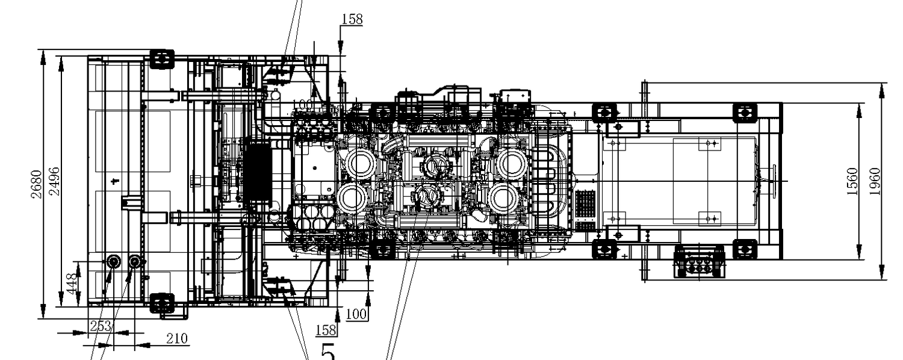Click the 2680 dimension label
pyautogui.click(x=37, y=184)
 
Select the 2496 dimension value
pyautogui.click(x=54, y=181)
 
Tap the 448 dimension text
pyautogui.click(x=72, y=284)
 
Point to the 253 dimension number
pyautogui.click(x=100, y=326)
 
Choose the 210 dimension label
pyautogui.click(x=176, y=339)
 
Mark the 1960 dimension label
pyautogui.click(x=876, y=181)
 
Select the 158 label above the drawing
pyautogui.click(x=352, y=19)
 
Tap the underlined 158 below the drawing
pyautogui.click(x=326, y=329)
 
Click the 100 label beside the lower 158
pyautogui.click(x=356, y=314)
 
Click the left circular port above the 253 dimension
pyautogui.click(x=113, y=262)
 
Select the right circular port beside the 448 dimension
pyautogui.click(x=134, y=262)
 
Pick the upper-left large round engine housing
pyautogui.click(x=359, y=164)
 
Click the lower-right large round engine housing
pyautogui.click(x=504, y=198)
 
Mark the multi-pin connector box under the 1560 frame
pyautogui.click(x=699, y=262)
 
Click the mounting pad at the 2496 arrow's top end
pyautogui.click(x=161, y=60)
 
